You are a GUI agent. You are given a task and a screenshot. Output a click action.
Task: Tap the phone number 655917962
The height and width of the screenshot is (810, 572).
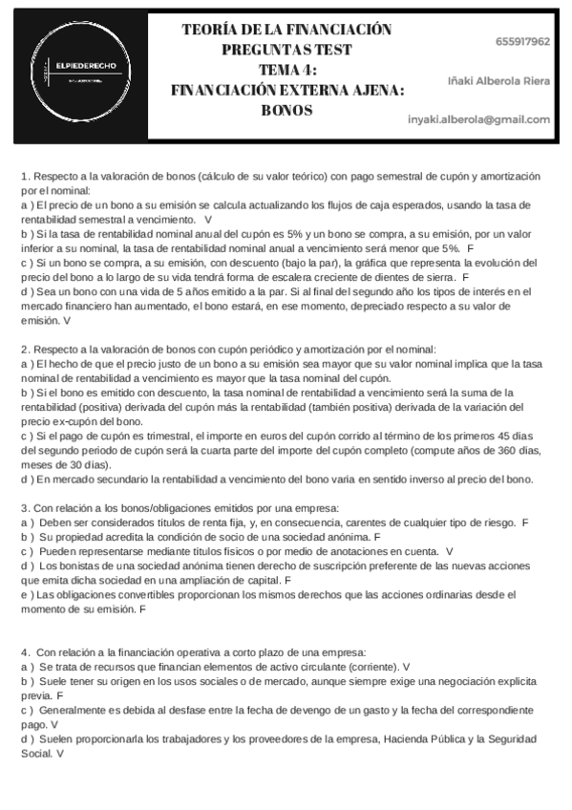522,42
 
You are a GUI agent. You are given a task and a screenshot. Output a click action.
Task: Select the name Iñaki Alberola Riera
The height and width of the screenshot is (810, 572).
498,81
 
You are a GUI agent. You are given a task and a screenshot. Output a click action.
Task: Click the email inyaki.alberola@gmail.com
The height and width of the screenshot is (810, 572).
479,119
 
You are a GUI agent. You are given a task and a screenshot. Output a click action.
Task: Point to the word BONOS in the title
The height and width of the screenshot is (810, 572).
286,110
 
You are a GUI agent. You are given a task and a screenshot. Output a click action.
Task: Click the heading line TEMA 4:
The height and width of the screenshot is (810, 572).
287,70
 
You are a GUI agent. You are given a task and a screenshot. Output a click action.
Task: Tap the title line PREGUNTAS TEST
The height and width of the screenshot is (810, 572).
286,50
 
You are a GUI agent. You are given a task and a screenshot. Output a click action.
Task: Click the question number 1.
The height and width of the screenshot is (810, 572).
24,177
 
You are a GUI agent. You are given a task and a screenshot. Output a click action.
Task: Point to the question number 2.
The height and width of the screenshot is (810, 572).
24,351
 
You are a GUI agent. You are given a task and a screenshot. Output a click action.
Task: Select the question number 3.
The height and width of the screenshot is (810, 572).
24,507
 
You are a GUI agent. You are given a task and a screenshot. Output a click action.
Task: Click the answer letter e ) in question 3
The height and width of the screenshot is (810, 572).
26,594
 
